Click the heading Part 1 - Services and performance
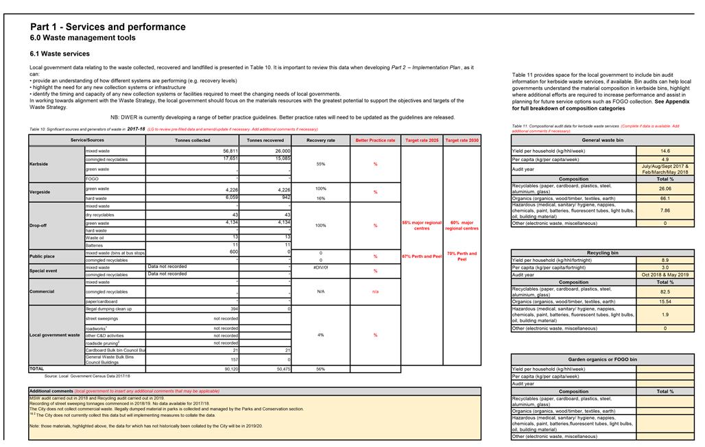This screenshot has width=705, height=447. coord(108,27)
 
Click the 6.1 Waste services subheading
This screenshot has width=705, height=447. coord(60,53)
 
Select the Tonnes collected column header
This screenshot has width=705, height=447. coord(193,141)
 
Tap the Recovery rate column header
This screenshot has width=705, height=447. coord(321,141)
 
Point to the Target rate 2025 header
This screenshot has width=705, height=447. coord(422,141)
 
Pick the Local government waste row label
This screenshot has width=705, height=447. coord(55,335)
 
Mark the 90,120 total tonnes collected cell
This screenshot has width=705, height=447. coord(230,369)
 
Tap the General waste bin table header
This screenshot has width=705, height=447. coord(602,140)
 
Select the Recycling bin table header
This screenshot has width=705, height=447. coord(602,252)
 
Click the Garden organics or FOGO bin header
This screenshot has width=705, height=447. coord(602,359)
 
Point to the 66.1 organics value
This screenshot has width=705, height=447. coord(665,198)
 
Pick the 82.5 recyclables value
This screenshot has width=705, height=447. coord(665,292)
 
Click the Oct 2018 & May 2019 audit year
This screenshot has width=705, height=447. coord(665,275)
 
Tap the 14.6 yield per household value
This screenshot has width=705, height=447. coord(665,151)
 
